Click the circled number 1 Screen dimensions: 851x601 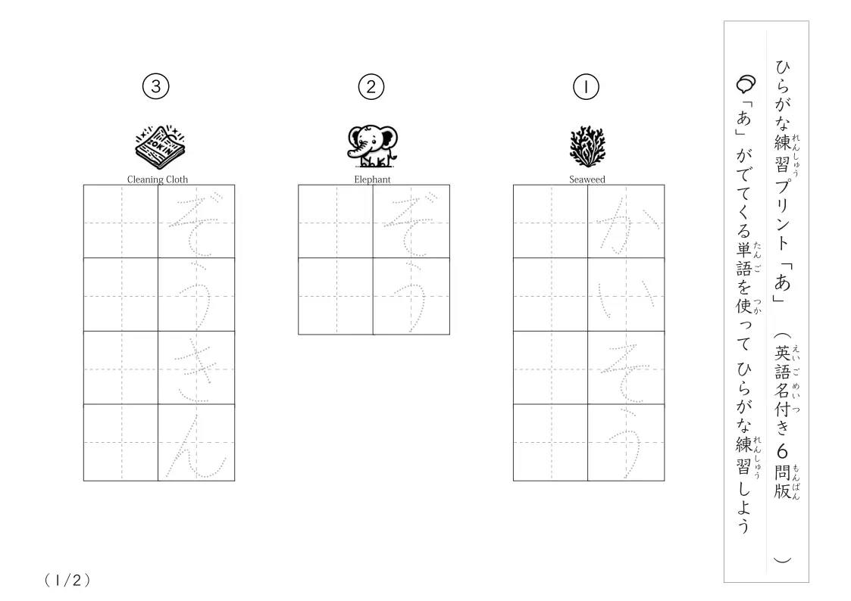(586, 87)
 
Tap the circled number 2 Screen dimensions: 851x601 (371, 87)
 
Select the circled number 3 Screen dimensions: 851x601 (156, 87)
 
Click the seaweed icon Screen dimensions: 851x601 (587, 147)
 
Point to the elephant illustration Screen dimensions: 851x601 (372, 146)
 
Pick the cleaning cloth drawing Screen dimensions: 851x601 (160, 148)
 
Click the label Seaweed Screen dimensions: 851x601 (587, 179)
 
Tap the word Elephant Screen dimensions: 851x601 (372, 179)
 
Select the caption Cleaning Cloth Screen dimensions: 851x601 (158, 179)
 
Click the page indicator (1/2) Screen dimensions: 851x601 (67, 581)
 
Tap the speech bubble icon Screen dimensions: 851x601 (746, 84)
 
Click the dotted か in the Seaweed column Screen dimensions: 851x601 (627, 224)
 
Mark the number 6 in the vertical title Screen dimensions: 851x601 (782, 451)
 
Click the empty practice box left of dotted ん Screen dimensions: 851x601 (121, 442)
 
